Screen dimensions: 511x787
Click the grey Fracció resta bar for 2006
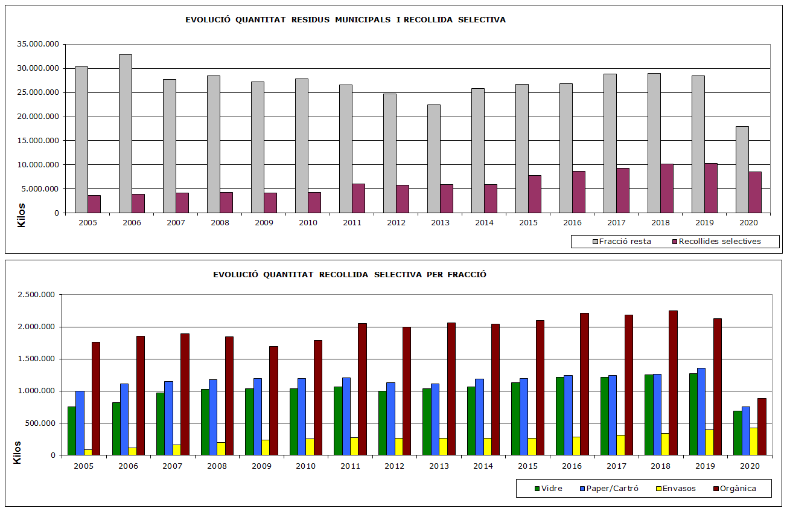coord(126,133)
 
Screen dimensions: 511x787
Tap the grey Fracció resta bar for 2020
coord(742,169)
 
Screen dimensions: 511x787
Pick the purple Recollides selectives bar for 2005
coord(94,204)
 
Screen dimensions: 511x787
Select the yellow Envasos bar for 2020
coord(753,441)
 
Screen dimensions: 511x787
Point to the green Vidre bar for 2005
coord(72,431)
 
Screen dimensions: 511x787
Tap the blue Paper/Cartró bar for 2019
coord(701,411)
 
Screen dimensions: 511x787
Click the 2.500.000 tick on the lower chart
coord(37,295)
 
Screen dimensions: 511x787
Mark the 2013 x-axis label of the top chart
coord(440,222)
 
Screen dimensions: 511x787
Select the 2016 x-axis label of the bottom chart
coord(572,466)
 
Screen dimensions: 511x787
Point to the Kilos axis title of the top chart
coord(22,215)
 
